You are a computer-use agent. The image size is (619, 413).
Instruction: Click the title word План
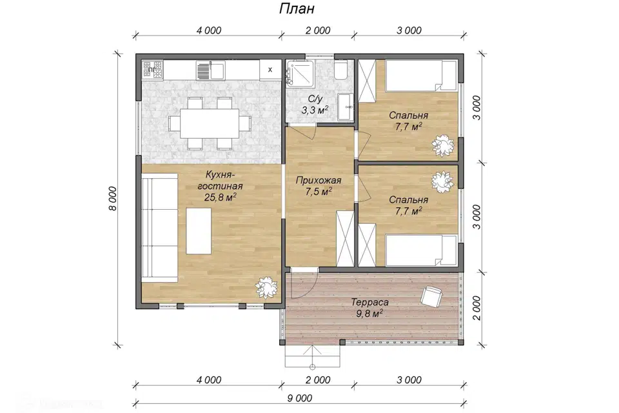pyautogui.click(x=297, y=8)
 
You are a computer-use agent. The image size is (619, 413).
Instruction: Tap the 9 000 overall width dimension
pyautogui.click(x=300, y=398)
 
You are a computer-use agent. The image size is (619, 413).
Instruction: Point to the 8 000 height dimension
pyautogui.click(x=113, y=198)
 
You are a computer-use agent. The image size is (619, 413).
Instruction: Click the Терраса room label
pyautogui.click(x=370, y=303)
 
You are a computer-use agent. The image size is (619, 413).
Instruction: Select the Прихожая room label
pyautogui.click(x=318, y=181)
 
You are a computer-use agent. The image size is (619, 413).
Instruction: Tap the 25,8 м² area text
pyautogui.click(x=220, y=197)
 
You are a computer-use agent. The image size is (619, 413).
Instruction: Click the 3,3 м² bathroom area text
pyautogui.click(x=315, y=110)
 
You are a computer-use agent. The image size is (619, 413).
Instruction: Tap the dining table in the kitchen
pyautogui.click(x=210, y=123)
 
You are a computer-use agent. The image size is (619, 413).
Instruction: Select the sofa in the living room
pyautogui.click(x=159, y=230)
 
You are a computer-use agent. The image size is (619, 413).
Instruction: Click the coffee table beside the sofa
pyautogui.click(x=199, y=231)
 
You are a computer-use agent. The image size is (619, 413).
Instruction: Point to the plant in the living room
pyautogui.click(x=266, y=288)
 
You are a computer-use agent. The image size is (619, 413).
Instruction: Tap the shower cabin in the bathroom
pyautogui.click(x=300, y=73)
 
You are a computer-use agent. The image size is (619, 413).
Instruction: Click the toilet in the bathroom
pyautogui.click(x=340, y=69)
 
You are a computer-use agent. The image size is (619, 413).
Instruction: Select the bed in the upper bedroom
pyautogui.click(x=421, y=76)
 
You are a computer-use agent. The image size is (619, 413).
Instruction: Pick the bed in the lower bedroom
pyautogui.click(x=421, y=250)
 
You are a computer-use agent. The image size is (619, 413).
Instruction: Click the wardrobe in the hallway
pyautogui.click(x=345, y=239)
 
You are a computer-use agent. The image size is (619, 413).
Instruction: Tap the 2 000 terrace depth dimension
pyautogui.click(x=477, y=308)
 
